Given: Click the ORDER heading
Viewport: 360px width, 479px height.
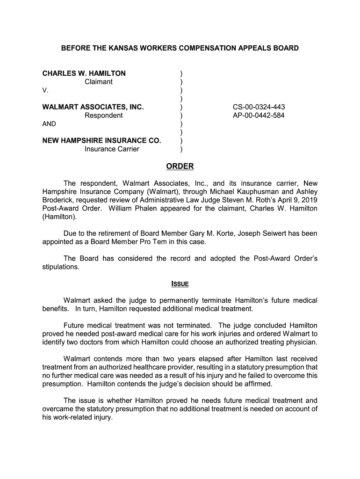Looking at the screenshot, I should (180, 167).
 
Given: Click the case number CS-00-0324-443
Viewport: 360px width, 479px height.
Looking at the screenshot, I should (259, 107).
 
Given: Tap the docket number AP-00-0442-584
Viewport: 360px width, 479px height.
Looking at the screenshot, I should (259, 116).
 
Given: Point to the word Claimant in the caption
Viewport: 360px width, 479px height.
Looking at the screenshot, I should (99, 82).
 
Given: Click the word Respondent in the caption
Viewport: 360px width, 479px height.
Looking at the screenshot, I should (104, 116).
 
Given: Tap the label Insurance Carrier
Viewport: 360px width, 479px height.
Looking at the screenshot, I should (112, 149).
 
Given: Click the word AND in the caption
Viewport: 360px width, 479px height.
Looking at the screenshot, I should (49, 124).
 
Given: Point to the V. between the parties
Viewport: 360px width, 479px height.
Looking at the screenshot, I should (45, 90).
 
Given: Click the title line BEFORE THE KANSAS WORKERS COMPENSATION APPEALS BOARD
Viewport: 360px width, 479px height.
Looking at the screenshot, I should (180, 48).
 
